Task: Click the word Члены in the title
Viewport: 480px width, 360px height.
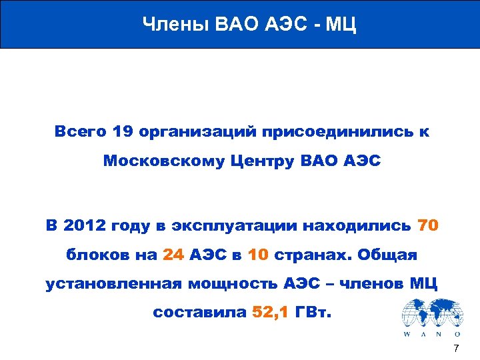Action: [175, 25]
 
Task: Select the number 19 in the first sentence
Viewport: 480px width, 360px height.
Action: [123, 132]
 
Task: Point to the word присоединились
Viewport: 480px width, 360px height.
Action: [343, 132]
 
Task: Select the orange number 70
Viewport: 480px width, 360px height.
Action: [427, 225]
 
